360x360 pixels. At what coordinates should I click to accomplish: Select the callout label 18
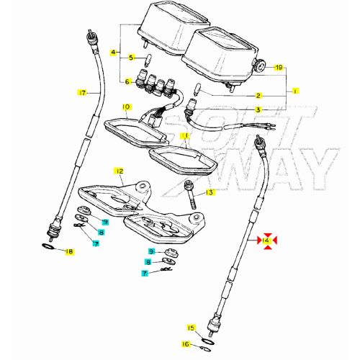[69, 251]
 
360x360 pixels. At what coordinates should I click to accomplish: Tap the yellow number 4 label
[112, 53]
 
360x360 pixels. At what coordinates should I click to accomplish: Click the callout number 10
[126, 107]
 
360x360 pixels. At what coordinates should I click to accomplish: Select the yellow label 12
[119, 171]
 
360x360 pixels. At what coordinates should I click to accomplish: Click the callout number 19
[278, 67]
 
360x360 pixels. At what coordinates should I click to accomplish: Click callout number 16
[185, 345]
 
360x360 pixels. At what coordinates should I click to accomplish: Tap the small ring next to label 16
[204, 343]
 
